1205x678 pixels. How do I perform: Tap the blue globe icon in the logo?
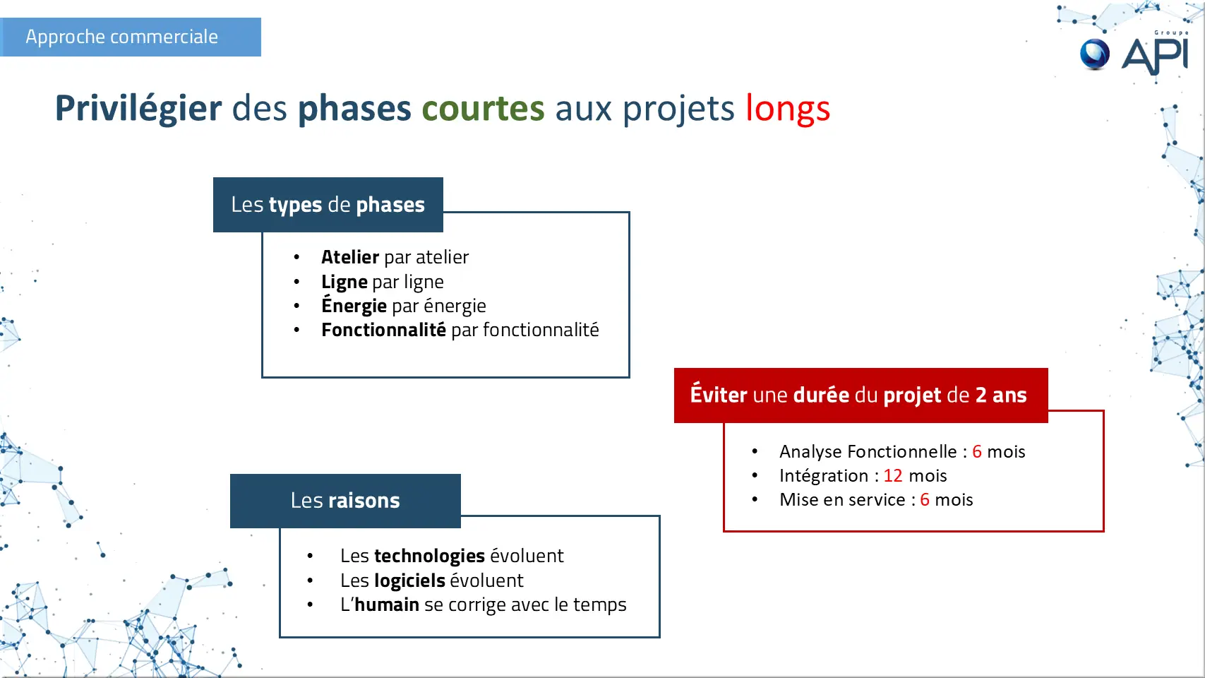pos(1095,54)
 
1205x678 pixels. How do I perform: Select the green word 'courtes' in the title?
pos(483,108)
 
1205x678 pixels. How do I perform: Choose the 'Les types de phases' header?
pos(328,205)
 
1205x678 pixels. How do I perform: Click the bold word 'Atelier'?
pos(350,257)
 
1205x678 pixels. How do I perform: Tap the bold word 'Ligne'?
pos(344,282)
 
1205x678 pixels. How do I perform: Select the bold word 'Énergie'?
pos(354,304)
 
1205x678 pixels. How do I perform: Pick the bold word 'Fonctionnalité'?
pos(383,330)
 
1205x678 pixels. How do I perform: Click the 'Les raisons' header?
pos(345,501)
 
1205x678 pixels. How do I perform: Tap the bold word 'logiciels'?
pos(409,581)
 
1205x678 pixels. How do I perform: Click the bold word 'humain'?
pos(387,605)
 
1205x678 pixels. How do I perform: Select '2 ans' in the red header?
pos(1001,395)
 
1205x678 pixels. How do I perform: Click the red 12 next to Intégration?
pos(893,476)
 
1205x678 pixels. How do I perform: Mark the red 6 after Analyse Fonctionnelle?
pos(977,451)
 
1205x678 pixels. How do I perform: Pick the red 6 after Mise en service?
pos(925,499)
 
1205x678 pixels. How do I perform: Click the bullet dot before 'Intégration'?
pos(755,475)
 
